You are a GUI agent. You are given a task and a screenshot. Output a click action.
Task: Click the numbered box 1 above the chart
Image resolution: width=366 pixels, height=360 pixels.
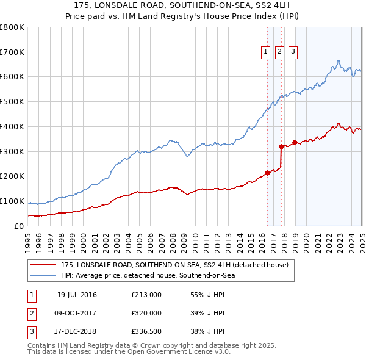[x=267, y=52]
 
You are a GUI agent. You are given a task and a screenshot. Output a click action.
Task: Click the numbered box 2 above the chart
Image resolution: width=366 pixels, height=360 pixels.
[x=279, y=52]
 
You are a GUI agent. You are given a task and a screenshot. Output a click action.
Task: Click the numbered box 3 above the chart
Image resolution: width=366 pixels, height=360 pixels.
[x=293, y=52]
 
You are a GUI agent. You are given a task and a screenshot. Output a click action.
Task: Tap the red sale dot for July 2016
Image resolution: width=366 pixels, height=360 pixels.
[x=267, y=172]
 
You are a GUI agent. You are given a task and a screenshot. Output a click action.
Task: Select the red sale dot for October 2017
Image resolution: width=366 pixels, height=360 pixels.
[x=281, y=146]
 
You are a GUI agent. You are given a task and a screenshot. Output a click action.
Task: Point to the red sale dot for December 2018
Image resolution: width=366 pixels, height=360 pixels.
[x=295, y=142]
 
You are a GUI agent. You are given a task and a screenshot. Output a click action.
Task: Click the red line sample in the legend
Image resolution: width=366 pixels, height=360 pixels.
[x=43, y=265]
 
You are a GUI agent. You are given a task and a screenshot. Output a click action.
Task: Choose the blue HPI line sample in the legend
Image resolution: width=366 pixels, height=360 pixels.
[x=43, y=275]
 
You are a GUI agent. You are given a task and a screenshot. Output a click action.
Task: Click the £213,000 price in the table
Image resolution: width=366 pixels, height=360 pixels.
[x=146, y=295]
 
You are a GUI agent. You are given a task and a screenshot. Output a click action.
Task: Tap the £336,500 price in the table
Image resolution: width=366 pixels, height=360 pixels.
[x=146, y=332]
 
